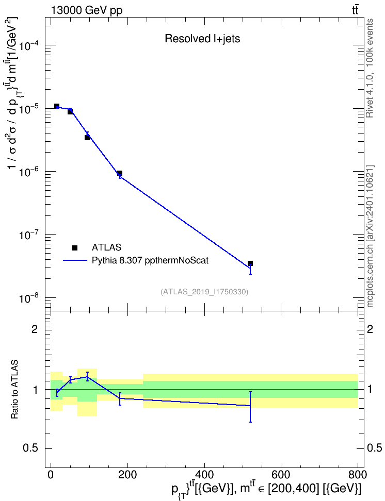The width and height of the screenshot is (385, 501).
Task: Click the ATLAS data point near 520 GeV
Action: point(250,263)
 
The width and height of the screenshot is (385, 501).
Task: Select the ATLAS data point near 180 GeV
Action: point(120,173)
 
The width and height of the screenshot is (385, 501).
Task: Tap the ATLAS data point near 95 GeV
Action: point(87,138)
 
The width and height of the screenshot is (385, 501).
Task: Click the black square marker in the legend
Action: point(75,247)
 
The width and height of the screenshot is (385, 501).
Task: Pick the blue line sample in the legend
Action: point(75,260)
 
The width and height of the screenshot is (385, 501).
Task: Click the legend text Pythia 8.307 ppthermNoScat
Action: point(150,261)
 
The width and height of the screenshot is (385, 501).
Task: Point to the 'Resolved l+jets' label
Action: point(202,39)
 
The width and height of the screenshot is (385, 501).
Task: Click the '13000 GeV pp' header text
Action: point(86,10)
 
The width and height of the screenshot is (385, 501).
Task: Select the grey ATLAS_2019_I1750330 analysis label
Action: point(204,292)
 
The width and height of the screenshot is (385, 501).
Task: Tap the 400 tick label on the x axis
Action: point(204,475)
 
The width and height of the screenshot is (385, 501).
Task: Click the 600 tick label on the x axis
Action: point(281,475)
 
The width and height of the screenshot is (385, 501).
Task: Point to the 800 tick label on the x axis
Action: point(358,475)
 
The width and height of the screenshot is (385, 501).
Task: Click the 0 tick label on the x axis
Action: point(51,475)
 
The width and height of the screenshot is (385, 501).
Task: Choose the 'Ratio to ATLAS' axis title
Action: point(15,389)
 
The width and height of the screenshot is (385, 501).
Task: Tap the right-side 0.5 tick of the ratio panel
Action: point(374,448)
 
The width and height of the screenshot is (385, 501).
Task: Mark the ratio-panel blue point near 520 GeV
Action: point(250,406)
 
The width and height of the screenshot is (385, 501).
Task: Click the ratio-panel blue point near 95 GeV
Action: point(87,377)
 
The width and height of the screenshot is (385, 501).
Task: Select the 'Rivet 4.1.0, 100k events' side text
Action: point(370,68)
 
